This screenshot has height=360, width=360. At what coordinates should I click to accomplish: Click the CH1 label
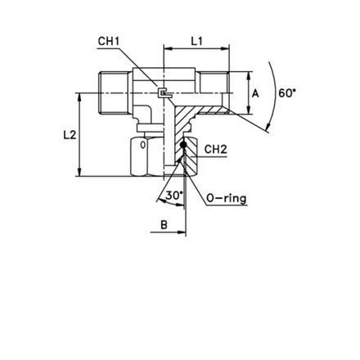point(109,41)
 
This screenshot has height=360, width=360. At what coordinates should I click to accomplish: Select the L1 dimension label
point(196,41)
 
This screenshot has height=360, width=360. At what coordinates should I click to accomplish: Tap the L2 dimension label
point(70,135)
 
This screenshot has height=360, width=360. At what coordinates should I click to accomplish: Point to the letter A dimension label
point(255,93)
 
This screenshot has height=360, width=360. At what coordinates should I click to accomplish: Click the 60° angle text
point(287,93)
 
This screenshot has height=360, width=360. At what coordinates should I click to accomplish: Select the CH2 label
point(216,149)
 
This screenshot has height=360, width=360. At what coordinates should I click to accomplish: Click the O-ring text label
point(227,199)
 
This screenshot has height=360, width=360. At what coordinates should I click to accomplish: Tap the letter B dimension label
point(164,225)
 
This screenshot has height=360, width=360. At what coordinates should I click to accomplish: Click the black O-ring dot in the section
point(183,145)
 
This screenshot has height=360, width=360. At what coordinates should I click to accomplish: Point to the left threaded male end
point(114,92)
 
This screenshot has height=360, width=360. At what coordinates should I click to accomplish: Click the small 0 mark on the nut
point(143,145)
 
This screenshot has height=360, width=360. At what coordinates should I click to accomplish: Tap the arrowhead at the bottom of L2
point(79,173)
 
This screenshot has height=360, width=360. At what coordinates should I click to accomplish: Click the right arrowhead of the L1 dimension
point(225,49)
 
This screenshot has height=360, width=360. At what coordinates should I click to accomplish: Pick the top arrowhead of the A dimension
point(249,76)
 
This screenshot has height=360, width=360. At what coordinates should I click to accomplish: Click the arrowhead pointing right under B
point(182,232)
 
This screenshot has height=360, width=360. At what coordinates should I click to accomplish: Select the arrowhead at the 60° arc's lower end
point(268,126)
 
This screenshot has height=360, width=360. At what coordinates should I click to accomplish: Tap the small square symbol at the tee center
point(162,93)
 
